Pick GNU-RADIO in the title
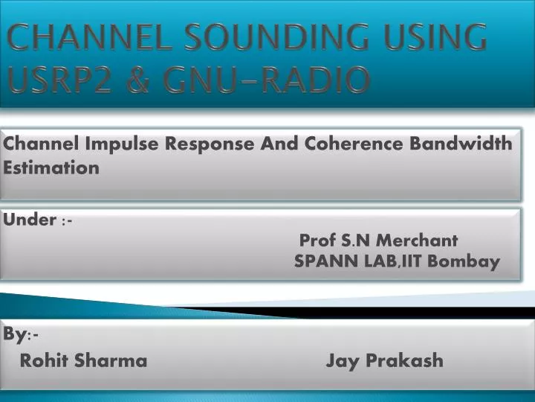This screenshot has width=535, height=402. click(x=270, y=79)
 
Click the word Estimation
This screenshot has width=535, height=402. click(x=51, y=167)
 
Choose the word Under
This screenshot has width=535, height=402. click(x=30, y=220)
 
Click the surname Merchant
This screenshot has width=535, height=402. click(x=418, y=240)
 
